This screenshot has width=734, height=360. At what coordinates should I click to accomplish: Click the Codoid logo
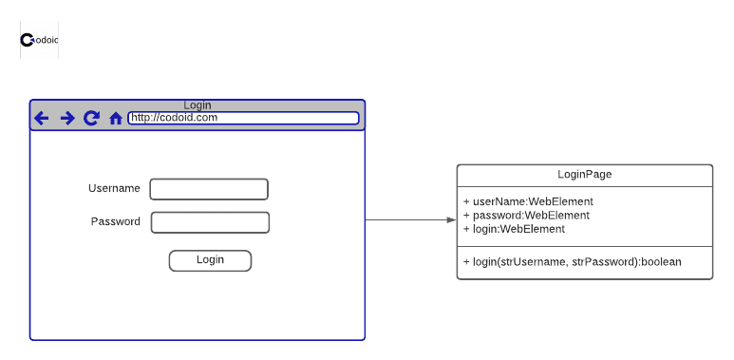tap(39, 40)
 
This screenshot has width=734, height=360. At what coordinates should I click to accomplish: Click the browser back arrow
tap(42, 118)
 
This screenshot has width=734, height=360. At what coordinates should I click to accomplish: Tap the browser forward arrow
tap(67, 118)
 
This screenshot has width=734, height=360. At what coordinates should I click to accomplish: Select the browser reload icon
tap(91, 118)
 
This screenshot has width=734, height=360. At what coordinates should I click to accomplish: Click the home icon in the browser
tap(116, 119)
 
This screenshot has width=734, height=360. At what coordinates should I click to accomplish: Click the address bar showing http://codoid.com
tap(243, 118)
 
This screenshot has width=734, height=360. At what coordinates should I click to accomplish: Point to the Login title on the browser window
tap(198, 104)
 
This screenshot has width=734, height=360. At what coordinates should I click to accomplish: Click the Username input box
tap(209, 189)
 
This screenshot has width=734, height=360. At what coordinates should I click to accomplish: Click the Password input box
tap(210, 222)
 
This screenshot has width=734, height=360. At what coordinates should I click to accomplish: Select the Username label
tap(114, 188)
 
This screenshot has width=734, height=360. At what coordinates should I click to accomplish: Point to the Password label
tap(116, 221)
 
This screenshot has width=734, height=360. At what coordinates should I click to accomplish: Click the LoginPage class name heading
tap(584, 174)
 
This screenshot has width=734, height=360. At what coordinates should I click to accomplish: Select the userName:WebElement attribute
tap(528, 201)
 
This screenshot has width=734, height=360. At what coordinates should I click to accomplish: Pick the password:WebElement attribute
tap(526, 215)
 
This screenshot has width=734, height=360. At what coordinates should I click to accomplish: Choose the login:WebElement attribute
tap(514, 228)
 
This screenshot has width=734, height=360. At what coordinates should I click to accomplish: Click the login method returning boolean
tap(572, 261)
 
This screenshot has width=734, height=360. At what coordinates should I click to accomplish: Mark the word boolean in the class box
tap(661, 261)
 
